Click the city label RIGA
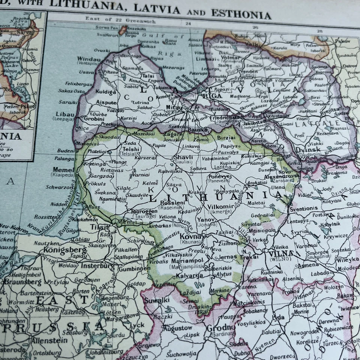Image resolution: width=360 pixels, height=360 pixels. (x=212, y=96)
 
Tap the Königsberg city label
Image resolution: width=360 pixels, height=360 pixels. (x=65, y=250)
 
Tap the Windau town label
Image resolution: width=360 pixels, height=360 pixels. (x=89, y=59)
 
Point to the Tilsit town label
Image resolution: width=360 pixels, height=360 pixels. (x=100, y=227)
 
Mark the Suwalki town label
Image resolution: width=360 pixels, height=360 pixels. (x=159, y=300)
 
